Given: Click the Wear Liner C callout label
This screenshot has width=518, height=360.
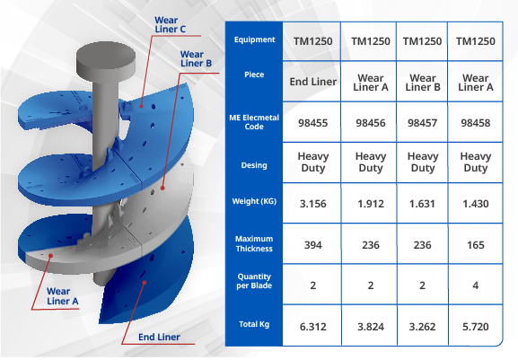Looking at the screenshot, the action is click(x=171, y=25).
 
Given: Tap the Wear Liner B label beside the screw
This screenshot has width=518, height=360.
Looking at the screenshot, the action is click(x=196, y=58).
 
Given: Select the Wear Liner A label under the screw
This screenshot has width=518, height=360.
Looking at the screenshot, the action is click(x=63, y=296).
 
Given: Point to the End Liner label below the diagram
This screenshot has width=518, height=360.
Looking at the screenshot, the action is click(x=159, y=338).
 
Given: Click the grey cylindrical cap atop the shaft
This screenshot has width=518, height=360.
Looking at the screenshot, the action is click(x=106, y=62).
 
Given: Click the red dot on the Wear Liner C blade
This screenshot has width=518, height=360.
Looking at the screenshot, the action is click(x=141, y=106).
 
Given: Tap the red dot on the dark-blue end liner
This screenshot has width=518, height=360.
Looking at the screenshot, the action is click(x=145, y=283).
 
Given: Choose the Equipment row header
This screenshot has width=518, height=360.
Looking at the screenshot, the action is click(x=254, y=40).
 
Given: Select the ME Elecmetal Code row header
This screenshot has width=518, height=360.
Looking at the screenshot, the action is click(x=254, y=122).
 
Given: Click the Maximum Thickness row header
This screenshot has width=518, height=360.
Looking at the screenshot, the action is click(x=254, y=244).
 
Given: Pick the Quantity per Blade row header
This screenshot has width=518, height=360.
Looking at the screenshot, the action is click(x=254, y=281).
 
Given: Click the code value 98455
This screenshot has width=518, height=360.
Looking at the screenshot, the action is click(x=312, y=123).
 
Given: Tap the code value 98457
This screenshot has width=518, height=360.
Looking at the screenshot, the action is click(x=422, y=123).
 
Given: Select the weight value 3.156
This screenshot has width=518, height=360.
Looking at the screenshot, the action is click(x=312, y=204).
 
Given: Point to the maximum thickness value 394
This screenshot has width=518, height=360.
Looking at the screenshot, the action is click(x=312, y=245).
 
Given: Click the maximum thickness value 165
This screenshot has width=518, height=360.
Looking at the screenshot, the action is click(x=476, y=245).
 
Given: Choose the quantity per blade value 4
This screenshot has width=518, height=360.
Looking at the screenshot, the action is click(x=476, y=285).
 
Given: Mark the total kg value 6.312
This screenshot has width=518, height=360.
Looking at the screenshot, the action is click(x=312, y=327).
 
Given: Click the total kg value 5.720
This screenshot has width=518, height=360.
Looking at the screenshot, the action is click(x=476, y=327).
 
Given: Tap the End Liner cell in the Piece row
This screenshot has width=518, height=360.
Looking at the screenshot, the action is click(x=312, y=82).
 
